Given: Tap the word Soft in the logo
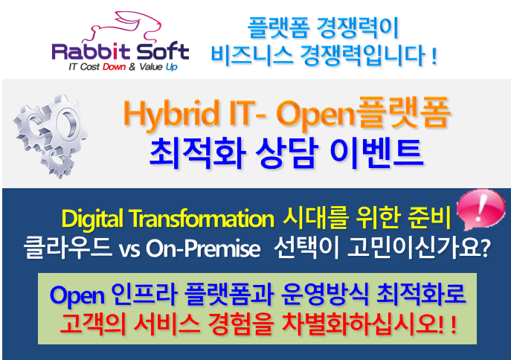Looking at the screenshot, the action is tap(163, 51).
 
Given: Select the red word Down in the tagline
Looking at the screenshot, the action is tap(114, 67).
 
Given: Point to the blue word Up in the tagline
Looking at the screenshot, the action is tap(171, 67).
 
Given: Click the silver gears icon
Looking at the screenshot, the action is tap(51, 135).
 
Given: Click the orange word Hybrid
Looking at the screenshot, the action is tap(171, 114).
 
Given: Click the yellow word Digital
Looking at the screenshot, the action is tap(92, 219).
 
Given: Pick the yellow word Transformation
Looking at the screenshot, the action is tap(201, 218).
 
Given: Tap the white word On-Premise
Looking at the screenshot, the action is tap(203, 249).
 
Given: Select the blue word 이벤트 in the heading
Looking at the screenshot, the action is tap(376, 153).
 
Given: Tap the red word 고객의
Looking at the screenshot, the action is tap(92, 324).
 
